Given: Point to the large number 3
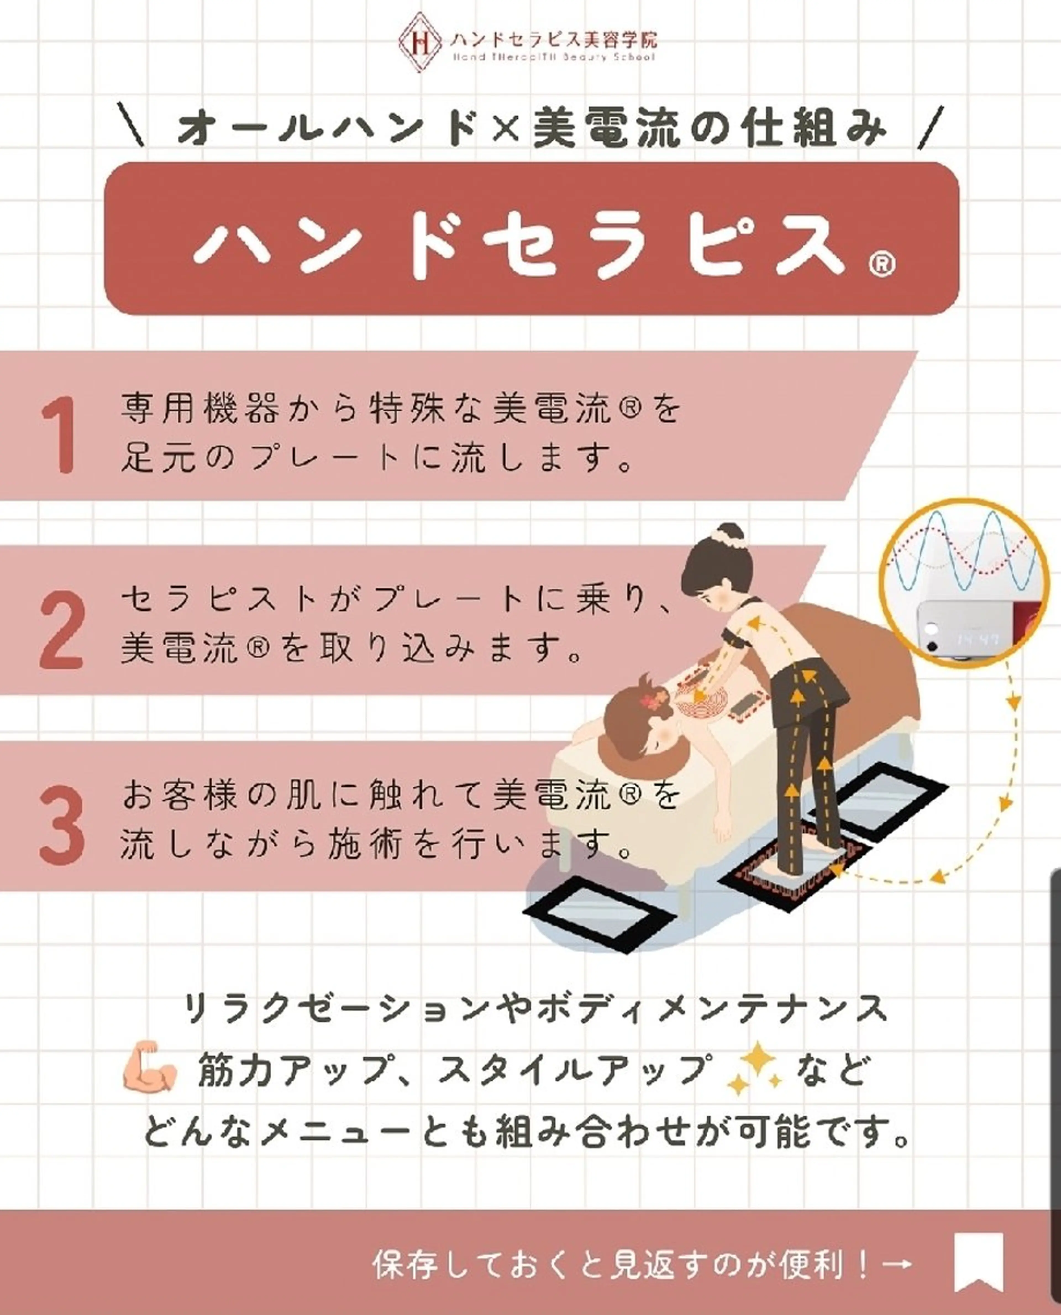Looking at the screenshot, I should pyautogui.click(x=61, y=825).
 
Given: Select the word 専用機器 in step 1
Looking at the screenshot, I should pyautogui.click(x=200, y=409).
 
